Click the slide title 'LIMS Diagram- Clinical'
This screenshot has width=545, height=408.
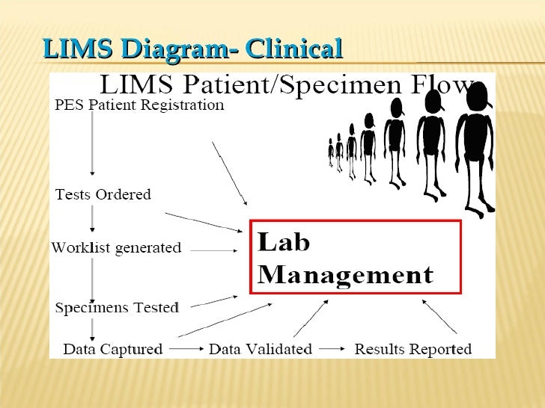click(192, 49)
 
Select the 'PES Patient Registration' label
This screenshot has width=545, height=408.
click(139, 105)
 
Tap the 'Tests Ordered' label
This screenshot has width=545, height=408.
click(103, 195)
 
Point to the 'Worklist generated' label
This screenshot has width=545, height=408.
click(116, 248)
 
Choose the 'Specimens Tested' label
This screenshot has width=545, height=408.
click(118, 307)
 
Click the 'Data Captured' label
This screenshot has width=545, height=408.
click(112, 349)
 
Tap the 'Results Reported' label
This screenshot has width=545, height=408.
click(412, 349)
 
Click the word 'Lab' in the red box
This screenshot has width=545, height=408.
click(284, 244)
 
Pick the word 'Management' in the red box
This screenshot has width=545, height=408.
click(345, 275)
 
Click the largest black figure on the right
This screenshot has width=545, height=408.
click(475, 149)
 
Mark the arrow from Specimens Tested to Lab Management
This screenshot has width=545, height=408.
click(213, 301)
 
